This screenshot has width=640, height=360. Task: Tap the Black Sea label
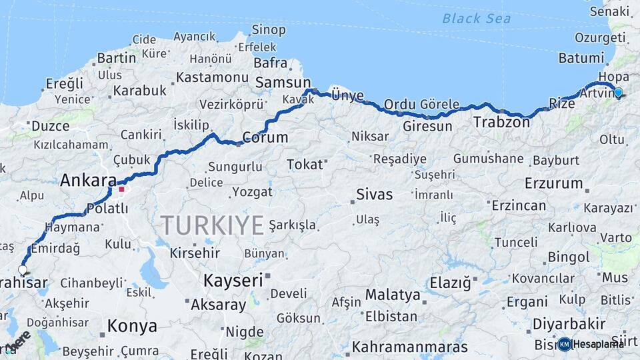(x=476, y=18)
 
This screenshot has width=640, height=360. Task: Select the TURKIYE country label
(x=212, y=225)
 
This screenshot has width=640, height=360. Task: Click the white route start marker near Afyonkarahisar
(x=23, y=270)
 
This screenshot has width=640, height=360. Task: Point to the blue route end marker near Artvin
(x=618, y=93)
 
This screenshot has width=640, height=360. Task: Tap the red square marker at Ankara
(x=121, y=189)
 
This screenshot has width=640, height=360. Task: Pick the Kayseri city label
(x=233, y=281)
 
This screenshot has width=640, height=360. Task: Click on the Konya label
(x=133, y=326)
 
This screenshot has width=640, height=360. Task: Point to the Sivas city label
(x=374, y=195)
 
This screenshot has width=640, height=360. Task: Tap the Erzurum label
(x=553, y=183)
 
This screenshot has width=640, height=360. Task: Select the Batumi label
(x=581, y=58)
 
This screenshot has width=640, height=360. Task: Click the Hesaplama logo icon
(x=565, y=344)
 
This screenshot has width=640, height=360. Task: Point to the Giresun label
(x=427, y=126)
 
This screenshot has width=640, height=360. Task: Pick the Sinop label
(x=269, y=30)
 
